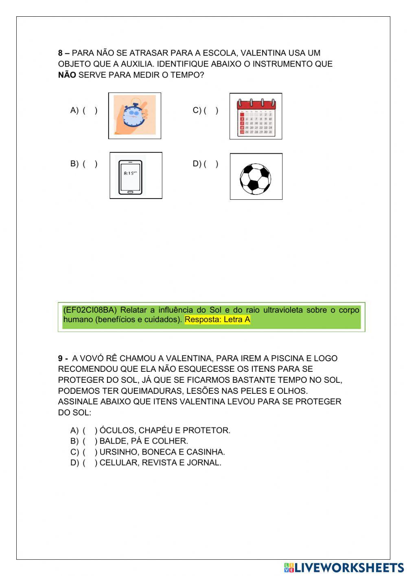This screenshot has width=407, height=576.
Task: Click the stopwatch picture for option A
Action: coord(135,116)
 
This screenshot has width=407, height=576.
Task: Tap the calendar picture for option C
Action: coord(256,117)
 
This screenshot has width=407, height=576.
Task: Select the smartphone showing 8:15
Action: coord(136,176)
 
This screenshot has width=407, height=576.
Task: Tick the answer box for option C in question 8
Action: coord(211,110)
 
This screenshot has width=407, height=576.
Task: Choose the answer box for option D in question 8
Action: coord(211,164)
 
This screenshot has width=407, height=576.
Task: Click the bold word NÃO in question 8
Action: coord(67,75)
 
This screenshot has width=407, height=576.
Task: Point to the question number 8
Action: coord(61,53)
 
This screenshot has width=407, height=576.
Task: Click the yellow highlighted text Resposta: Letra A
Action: coord(217,320)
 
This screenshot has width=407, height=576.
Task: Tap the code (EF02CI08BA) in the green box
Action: coord(90,310)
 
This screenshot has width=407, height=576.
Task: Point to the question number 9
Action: coord(61,359)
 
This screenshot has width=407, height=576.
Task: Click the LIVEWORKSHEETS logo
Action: coord(344,567)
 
